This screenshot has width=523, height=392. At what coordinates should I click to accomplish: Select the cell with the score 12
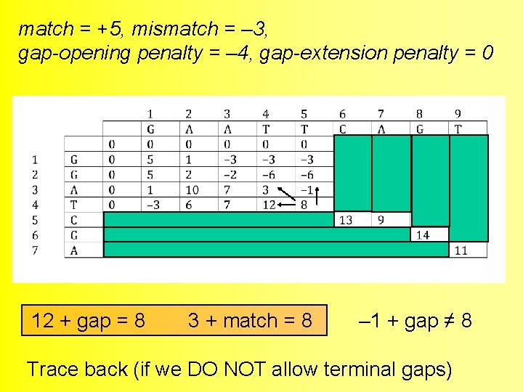[268, 205]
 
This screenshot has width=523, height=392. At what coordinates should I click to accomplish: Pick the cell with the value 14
[422, 235]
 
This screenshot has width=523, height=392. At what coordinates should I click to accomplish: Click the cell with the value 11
[461, 250]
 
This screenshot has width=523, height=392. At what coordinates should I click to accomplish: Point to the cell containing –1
[306, 190]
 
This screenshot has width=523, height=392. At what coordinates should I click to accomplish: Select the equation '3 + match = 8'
[250, 320]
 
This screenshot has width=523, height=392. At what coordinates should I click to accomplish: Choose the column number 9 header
[458, 114]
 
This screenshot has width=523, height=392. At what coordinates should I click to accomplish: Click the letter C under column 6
[343, 129]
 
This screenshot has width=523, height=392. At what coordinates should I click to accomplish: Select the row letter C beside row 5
[74, 220]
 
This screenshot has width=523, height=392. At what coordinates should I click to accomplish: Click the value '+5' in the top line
[110, 29]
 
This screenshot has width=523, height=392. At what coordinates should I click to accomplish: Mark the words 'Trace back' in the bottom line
[77, 369]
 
